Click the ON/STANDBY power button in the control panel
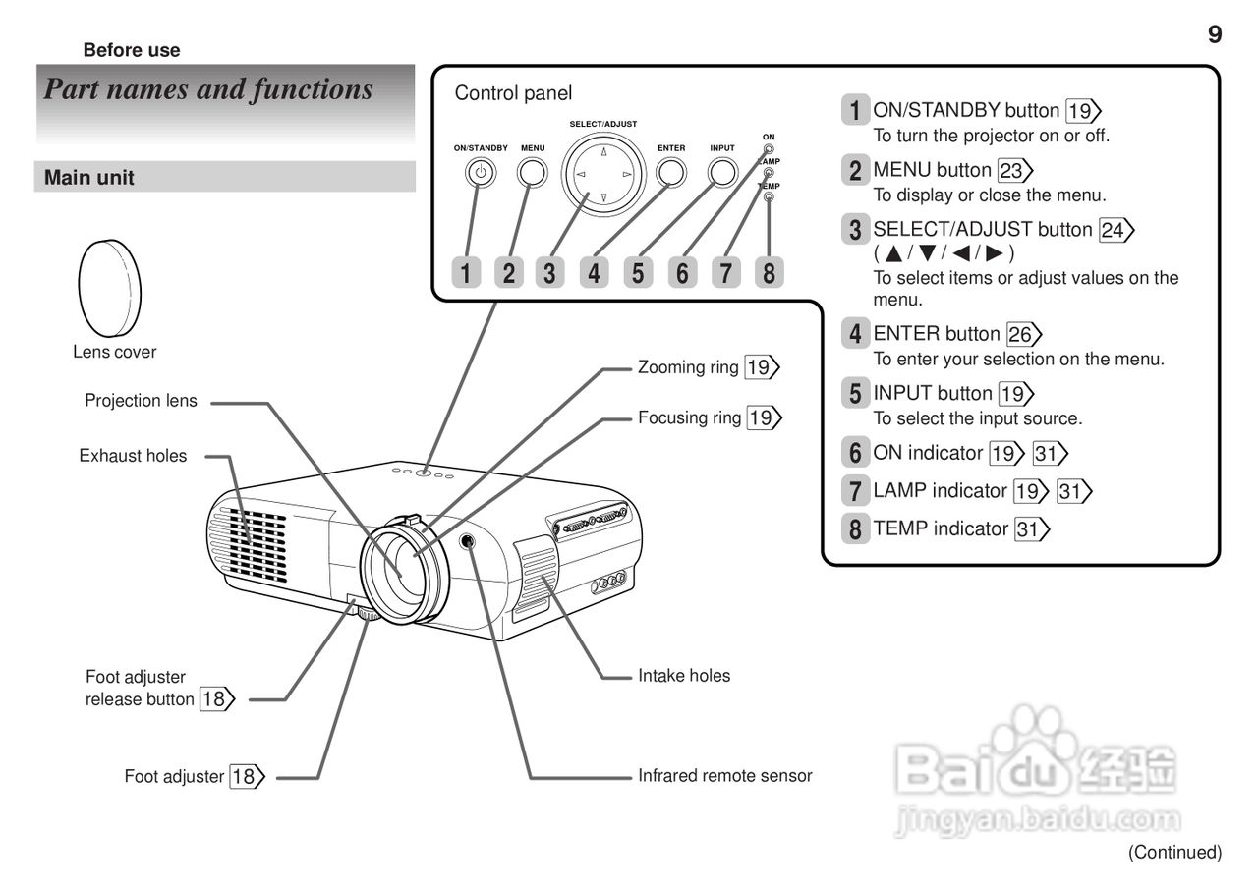[480, 173]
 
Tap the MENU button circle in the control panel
[533, 172]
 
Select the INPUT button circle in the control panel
[722, 172]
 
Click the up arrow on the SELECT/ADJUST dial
[603, 152]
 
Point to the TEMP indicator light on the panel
[769, 196]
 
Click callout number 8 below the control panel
[769, 272]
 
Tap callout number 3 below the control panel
[550, 272]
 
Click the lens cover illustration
[109, 287]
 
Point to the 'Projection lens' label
[141, 401]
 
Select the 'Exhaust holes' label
[133, 456]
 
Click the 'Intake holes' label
[684, 676]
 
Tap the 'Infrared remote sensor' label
[725, 776]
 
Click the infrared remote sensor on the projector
[470, 540]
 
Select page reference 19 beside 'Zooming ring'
[759, 368]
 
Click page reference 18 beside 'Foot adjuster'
[246, 777]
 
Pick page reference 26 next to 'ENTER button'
[1021, 334]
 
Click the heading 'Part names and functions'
[208, 90]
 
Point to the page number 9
[1215, 35]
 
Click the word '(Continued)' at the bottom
[1174, 852]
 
